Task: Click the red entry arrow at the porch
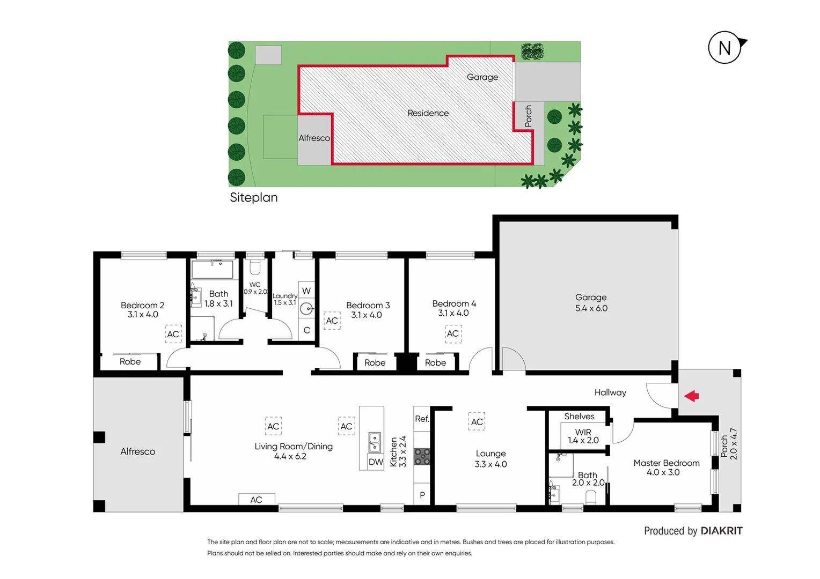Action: [x=692, y=396]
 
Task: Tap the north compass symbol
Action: [x=725, y=48]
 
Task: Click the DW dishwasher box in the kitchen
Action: [x=376, y=462]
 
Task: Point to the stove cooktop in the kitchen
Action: [x=422, y=456]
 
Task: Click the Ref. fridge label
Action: [x=422, y=419]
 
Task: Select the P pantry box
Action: [x=422, y=495]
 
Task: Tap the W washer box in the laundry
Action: [x=306, y=291]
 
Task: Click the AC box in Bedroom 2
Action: [x=173, y=334]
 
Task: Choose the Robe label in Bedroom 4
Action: [x=435, y=363]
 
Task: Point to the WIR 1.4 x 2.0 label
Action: [x=583, y=436]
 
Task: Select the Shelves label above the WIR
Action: [x=579, y=416]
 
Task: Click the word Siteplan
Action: [x=254, y=197]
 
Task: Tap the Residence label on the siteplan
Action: [x=428, y=113]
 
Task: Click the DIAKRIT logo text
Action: [x=721, y=531]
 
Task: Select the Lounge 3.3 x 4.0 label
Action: [x=490, y=459]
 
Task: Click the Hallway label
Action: [x=610, y=392]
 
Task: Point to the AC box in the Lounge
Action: [x=477, y=422]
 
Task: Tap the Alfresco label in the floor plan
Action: [x=137, y=451]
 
